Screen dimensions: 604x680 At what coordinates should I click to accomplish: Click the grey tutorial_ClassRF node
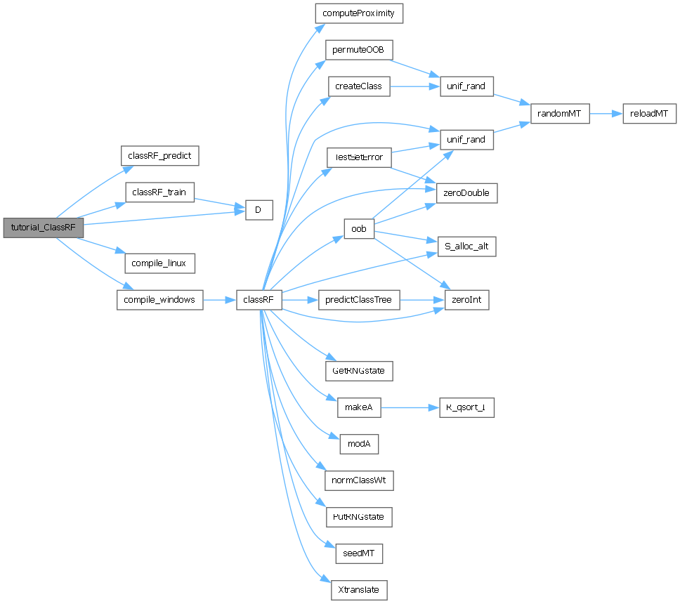point(44,228)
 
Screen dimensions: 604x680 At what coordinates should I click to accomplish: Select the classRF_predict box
point(160,155)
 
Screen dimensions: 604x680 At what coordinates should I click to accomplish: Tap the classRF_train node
point(160,192)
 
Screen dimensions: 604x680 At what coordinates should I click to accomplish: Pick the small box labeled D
point(259,210)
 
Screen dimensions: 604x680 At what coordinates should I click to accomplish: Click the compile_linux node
point(159,263)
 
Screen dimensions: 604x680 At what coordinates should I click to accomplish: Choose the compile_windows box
point(159,300)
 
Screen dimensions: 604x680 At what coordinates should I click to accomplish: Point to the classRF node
point(259,300)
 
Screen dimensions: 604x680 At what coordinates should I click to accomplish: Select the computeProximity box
point(359,13)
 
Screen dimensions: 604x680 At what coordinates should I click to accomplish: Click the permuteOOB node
point(358,50)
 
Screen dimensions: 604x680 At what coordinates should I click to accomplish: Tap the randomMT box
point(560,113)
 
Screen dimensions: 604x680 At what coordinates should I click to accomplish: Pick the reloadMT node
point(649,113)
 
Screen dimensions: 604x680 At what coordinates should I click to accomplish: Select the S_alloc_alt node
point(466,247)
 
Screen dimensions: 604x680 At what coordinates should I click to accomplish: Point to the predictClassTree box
point(359,300)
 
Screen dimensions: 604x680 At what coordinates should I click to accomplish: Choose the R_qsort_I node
point(466,407)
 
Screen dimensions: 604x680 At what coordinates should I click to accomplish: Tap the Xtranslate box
point(359,589)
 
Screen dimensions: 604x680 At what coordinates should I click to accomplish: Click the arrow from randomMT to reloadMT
point(606,113)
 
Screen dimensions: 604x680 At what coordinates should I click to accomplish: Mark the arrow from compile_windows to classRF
point(219,300)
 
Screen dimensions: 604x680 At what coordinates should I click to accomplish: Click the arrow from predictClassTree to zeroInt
point(421,300)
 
